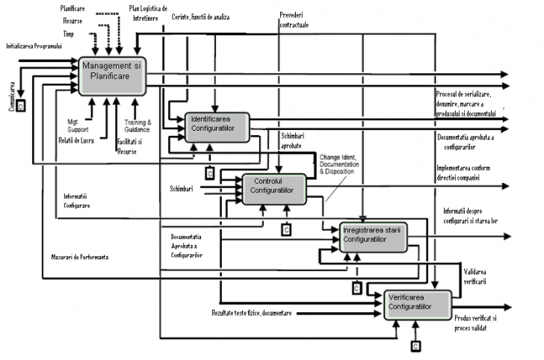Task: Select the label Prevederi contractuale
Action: (293, 20)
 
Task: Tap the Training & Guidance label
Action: (138, 125)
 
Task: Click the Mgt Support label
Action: (72, 122)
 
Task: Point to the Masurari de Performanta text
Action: (75, 257)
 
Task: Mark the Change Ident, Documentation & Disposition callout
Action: (344, 164)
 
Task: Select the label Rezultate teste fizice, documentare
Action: (252, 311)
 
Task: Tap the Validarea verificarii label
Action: (475, 276)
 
